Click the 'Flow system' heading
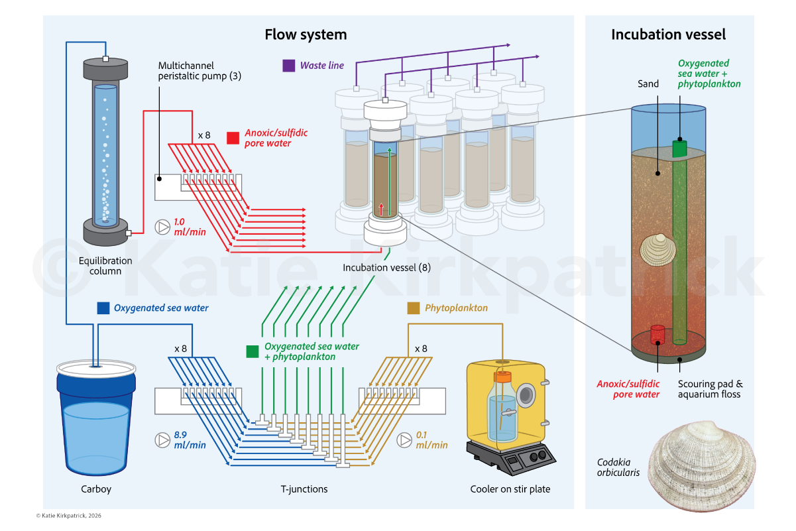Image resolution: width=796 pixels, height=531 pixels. (306, 34)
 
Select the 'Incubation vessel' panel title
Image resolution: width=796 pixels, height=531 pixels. (668, 34)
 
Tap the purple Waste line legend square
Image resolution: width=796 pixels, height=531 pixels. (288, 66)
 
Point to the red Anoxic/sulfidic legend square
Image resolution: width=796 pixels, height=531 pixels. (233, 138)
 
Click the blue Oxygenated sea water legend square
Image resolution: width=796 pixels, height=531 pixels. (103, 308)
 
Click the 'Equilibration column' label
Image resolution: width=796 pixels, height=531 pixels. (105, 266)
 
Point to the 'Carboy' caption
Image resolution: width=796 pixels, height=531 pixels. (97, 489)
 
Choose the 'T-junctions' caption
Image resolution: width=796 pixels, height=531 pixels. (304, 489)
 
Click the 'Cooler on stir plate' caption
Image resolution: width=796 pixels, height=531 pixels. (510, 489)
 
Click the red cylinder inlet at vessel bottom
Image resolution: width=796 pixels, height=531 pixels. (657, 334)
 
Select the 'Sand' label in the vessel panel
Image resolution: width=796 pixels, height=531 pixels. (648, 84)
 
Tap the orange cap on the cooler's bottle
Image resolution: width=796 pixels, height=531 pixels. (503, 376)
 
